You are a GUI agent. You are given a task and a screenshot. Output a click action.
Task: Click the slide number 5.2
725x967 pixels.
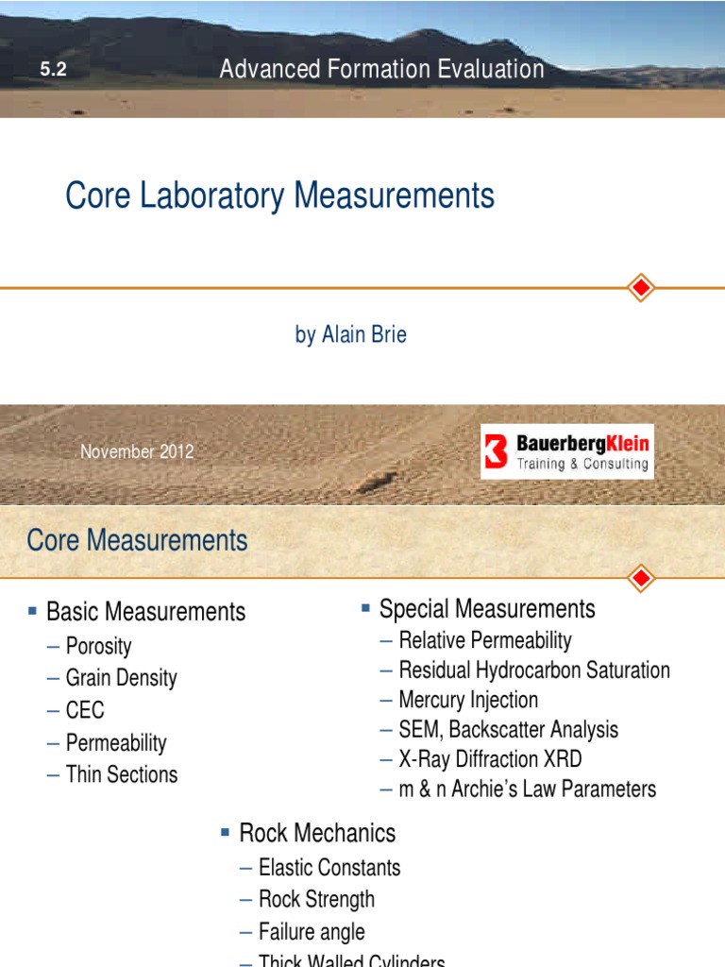53,69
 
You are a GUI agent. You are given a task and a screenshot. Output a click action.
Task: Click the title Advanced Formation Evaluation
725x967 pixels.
381,69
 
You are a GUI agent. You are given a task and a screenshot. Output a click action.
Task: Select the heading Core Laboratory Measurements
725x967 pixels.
279,196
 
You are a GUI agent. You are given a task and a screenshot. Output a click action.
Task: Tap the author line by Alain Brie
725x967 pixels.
350,334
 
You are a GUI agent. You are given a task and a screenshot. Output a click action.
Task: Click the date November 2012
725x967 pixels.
137,451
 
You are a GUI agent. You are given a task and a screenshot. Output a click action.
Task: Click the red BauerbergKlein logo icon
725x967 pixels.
497,451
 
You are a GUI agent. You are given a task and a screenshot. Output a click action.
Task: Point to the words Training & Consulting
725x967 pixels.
582,464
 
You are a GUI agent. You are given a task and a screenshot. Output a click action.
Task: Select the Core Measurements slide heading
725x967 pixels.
138,540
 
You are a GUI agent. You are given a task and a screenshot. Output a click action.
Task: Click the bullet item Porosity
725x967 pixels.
98,647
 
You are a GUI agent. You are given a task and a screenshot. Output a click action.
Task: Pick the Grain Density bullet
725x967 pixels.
121,678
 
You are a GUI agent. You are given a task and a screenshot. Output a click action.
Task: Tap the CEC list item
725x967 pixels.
85,710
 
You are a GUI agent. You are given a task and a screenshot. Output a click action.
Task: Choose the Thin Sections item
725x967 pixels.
121,774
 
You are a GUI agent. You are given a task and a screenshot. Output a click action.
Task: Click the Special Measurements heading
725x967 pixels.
487,608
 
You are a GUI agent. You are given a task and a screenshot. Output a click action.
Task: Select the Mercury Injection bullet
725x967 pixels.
468,700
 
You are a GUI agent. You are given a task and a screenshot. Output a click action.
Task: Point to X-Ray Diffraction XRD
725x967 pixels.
490,758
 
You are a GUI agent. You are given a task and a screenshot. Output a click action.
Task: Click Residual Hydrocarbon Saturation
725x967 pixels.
534,670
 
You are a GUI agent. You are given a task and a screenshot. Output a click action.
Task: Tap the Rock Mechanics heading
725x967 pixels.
317,833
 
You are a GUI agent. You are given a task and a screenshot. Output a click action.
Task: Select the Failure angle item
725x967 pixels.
312,931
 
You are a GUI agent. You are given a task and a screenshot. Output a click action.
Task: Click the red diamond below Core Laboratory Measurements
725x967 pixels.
641,287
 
